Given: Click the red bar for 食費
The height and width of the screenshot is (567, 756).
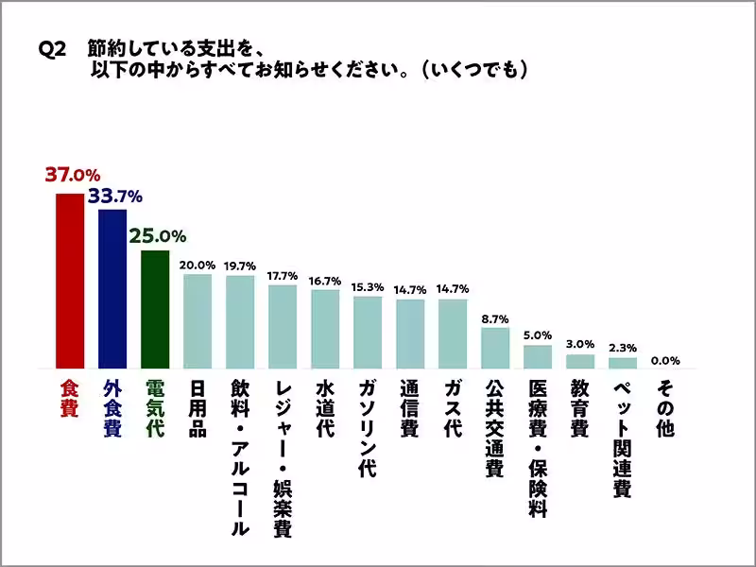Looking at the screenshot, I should [69, 281].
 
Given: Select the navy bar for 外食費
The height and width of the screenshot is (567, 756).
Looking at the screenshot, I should [112, 288].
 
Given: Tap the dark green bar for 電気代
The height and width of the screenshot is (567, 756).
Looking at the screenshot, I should [154, 309].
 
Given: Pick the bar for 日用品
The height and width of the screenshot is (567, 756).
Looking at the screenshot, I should [197, 321].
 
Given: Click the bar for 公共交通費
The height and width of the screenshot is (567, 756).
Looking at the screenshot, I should [494, 348].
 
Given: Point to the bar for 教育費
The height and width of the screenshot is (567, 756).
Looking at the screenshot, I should [579, 361].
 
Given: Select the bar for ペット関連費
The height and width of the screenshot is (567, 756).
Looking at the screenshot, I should [622, 363].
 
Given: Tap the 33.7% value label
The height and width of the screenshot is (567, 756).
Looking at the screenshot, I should [114, 197].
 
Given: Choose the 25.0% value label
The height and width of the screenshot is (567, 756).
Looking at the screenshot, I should [157, 236].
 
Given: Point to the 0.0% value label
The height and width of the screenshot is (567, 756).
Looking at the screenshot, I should [664, 360].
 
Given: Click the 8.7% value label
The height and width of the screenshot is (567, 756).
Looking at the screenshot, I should [494, 318].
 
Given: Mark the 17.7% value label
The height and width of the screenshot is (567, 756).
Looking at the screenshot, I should [282, 276].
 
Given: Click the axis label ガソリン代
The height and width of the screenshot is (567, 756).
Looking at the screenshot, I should [367, 430].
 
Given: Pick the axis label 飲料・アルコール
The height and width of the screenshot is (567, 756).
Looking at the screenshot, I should [239, 458].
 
